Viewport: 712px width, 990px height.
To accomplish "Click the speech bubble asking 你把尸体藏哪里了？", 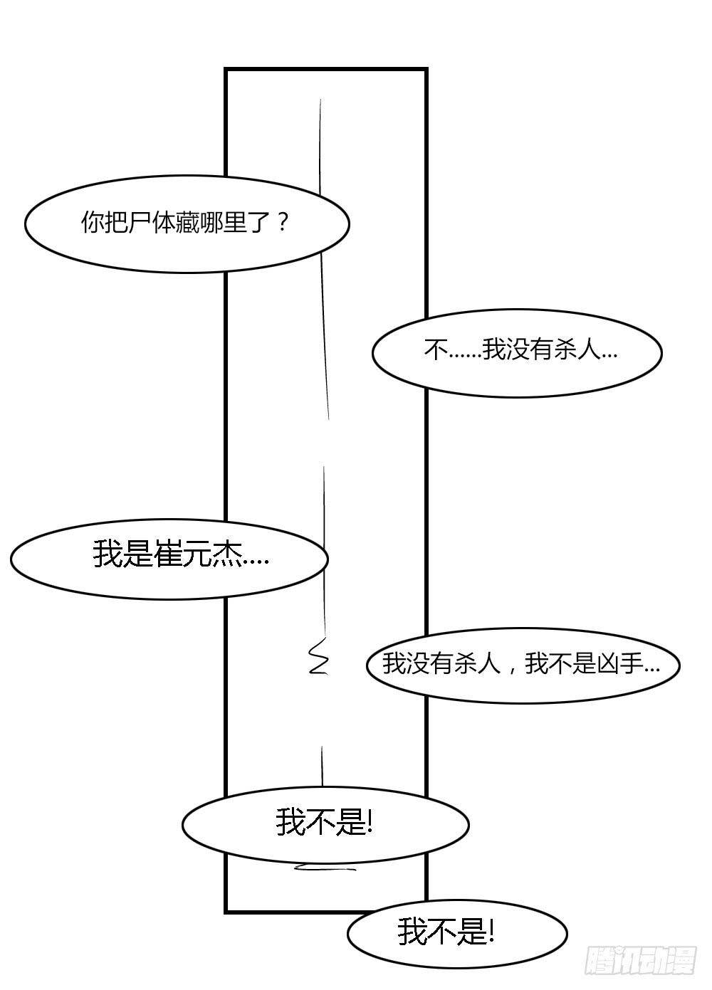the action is pyautogui.click(x=187, y=224).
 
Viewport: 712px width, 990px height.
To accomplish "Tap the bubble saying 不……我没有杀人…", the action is pyautogui.click(x=516, y=353).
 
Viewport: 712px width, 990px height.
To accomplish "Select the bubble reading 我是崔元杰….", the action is pyautogui.click(x=169, y=559).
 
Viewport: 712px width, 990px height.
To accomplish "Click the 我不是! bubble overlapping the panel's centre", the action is pyautogui.click(x=325, y=824).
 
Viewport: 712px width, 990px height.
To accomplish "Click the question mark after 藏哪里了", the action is pyautogui.click(x=283, y=223).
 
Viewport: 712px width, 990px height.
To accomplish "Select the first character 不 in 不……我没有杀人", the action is pyautogui.click(x=436, y=349).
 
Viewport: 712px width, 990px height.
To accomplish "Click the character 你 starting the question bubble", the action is pyautogui.click(x=93, y=223).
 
